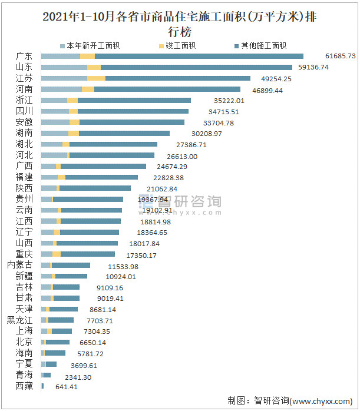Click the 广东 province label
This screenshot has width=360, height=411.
24,56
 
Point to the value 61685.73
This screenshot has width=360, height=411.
341,56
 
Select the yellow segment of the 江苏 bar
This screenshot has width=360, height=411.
96,78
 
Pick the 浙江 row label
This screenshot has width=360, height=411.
24,100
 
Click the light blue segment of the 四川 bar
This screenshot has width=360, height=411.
55,111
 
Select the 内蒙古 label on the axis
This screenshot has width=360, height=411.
20,266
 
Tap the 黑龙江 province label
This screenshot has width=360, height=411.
20,320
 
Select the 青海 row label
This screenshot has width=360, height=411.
24,376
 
